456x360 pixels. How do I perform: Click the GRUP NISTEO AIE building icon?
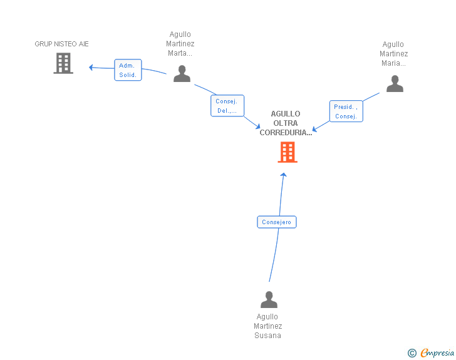63,63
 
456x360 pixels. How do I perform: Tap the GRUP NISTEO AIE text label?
61,44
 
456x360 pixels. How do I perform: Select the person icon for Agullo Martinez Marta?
182,74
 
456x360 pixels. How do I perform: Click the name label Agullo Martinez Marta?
180,44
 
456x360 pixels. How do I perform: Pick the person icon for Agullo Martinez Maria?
395,84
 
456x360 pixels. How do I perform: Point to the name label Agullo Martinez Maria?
393,54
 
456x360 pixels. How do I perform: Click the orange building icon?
288,152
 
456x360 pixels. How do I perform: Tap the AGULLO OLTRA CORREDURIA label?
286,123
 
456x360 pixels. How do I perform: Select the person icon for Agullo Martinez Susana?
269,300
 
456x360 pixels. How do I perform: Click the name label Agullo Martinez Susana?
268,326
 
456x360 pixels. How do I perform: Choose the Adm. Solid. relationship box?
128,70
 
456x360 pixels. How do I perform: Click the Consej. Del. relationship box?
227,106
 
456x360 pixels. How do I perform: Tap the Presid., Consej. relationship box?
346,111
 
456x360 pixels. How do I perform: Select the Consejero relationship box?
276,222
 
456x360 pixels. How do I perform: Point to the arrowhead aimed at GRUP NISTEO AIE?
91,67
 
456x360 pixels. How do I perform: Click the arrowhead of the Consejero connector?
283,175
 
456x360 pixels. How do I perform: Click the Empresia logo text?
437,353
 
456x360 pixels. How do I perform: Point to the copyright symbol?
412,353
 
